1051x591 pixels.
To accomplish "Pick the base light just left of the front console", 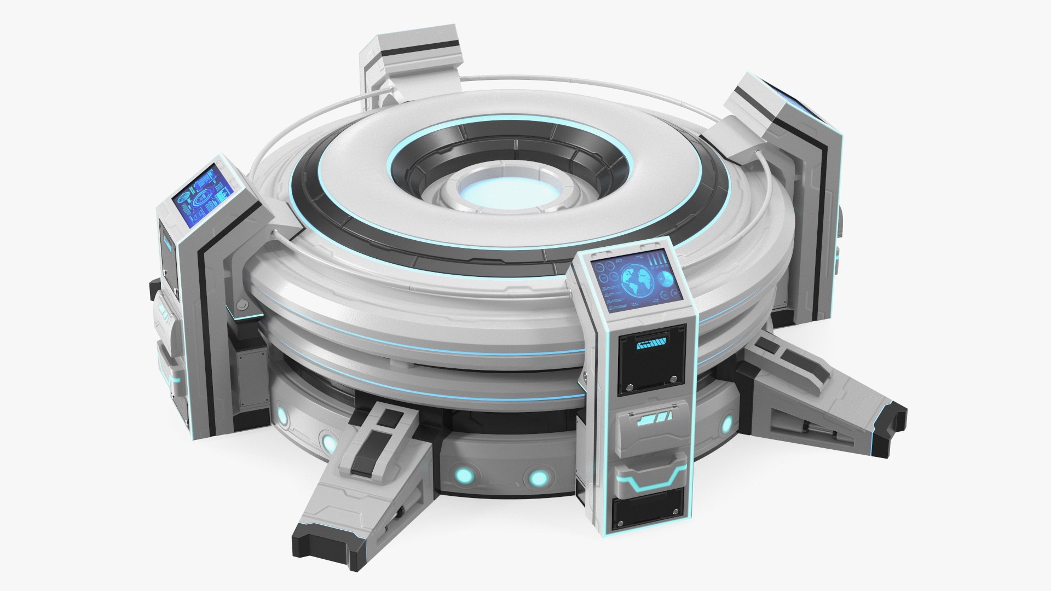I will click(535, 478).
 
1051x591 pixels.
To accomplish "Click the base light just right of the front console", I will click(727, 424).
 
